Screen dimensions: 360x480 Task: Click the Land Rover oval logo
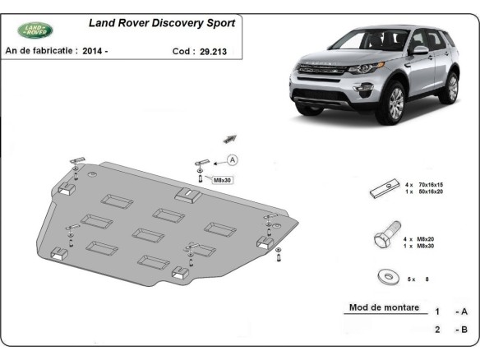[x=36, y=30]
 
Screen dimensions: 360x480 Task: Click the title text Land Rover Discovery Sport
[x=161, y=24]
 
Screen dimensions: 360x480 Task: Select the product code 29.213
[x=211, y=51]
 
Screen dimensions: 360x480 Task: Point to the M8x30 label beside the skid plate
[x=224, y=179]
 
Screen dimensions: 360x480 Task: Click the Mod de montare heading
[x=384, y=308]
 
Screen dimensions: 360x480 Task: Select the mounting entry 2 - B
[x=452, y=330]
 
